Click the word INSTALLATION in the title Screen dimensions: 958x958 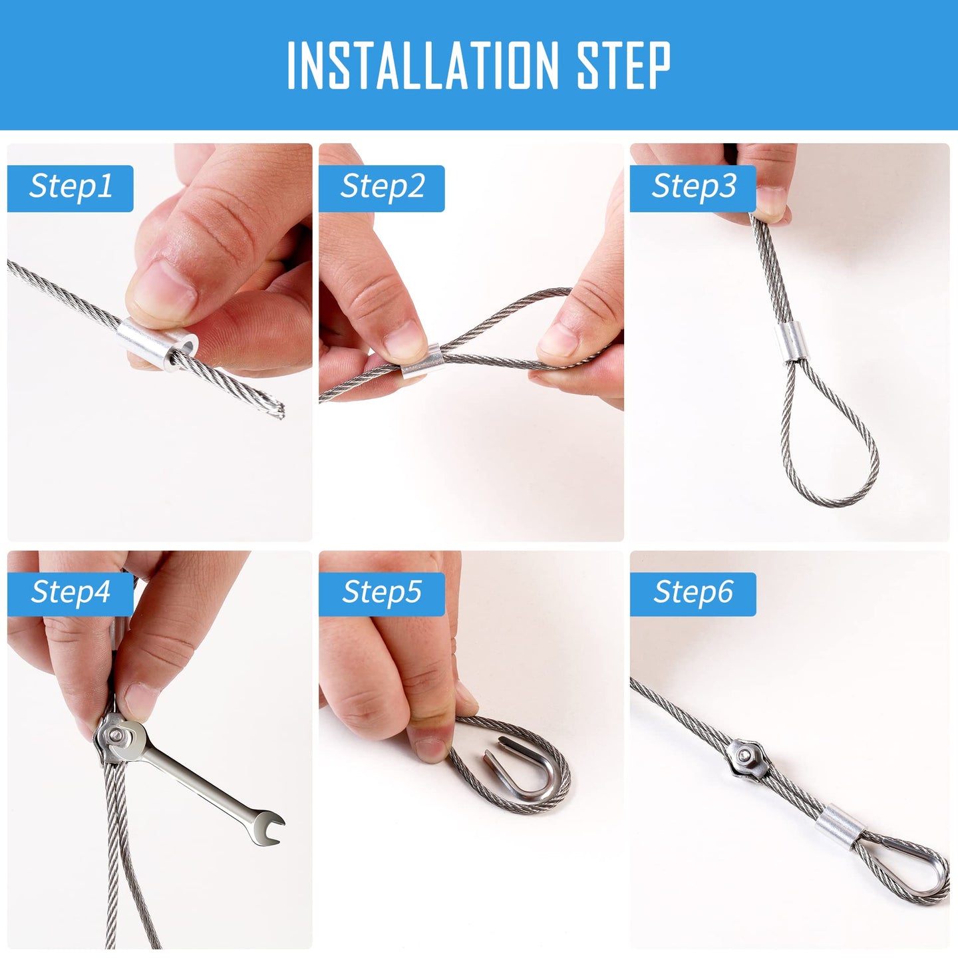423,65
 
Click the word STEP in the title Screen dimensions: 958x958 623,65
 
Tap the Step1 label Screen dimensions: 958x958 71,188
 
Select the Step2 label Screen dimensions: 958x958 382,188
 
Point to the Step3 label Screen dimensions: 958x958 693,188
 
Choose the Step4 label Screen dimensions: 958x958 71,594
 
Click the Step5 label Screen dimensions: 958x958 382,594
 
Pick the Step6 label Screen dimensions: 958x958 693,594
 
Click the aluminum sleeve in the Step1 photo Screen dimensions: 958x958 157,343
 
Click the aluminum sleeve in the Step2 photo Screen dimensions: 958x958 422,361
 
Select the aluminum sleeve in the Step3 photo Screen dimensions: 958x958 790,343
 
